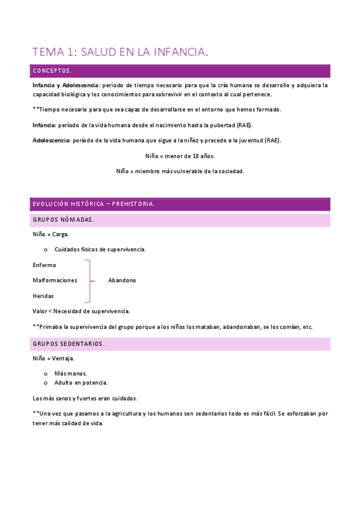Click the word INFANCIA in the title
pos(179,52)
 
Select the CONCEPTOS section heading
pos(52,71)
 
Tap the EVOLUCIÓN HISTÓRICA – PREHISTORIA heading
pos(94,204)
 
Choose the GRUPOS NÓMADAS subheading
pos(63,220)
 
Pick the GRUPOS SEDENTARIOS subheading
pos(69,344)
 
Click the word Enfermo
pos(44,265)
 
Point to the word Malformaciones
pos(55,280)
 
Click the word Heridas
pos(43,296)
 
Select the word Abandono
pos(122,280)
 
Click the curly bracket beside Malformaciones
pos(90,280)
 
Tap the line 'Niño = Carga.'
pos(51,234)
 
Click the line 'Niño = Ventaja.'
pos(53,358)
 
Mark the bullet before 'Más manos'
pos(46,373)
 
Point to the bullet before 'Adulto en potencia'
pos(46,382)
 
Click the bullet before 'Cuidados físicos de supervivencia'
pos(46,250)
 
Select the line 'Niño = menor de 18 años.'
pos(180,156)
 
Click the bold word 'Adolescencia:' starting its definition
pos(51,140)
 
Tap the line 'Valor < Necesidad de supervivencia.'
pos(81,311)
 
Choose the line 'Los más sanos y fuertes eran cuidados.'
pos(85,398)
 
